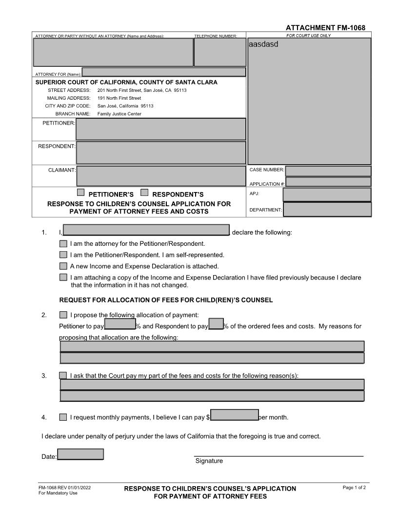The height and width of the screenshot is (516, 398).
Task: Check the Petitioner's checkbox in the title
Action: point(81,193)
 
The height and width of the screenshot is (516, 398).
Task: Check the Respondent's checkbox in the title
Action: point(144,193)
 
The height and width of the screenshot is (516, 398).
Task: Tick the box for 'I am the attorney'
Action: point(63,243)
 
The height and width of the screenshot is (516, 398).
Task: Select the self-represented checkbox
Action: point(63,255)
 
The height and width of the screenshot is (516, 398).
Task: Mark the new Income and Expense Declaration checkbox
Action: point(63,266)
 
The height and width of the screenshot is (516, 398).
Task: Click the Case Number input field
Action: point(328,171)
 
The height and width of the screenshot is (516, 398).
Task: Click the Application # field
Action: point(328,182)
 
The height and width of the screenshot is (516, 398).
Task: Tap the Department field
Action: point(327,210)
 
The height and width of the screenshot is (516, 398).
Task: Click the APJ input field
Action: point(327,194)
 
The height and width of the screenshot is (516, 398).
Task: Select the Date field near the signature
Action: point(80,454)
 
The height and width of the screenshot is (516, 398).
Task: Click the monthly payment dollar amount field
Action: point(234,415)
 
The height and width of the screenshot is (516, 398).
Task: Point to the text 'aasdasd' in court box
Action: point(263,44)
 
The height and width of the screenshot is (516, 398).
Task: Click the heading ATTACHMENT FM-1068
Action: point(325,28)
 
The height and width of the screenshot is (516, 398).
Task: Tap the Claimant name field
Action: point(161,176)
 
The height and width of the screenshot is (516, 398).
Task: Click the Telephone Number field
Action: point(220,52)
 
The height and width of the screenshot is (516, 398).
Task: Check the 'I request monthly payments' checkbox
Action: point(63,417)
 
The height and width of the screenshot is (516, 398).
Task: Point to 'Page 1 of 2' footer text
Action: point(355,488)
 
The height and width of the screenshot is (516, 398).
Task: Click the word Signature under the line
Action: point(209,461)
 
